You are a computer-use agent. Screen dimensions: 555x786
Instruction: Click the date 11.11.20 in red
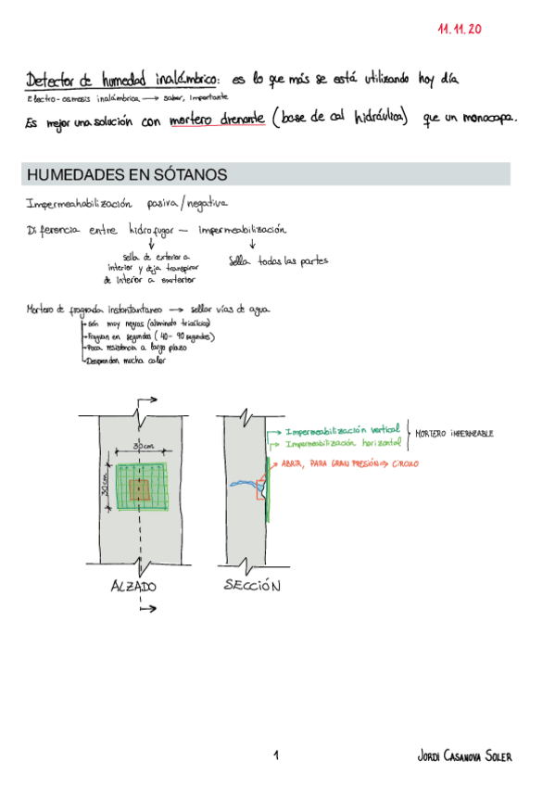(x=460, y=30)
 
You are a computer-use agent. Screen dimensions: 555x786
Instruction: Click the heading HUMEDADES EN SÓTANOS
(x=127, y=175)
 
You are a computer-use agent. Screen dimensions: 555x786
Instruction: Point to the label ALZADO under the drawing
(x=133, y=586)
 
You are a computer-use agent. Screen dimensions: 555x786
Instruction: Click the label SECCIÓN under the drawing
(x=252, y=586)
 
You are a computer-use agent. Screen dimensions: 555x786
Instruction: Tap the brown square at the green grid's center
(x=140, y=490)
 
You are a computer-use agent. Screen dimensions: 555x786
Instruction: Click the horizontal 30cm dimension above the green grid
(x=143, y=446)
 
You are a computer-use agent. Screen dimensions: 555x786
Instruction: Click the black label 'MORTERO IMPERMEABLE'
(x=454, y=433)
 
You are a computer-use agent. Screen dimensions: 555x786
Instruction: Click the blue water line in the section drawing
(x=245, y=483)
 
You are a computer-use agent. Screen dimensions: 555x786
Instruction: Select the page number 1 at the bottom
(x=276, y=756)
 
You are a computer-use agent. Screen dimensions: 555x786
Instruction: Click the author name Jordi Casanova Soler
(x=464, y=757)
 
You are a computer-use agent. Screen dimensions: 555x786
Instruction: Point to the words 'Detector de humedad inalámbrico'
(x=120, y=80)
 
